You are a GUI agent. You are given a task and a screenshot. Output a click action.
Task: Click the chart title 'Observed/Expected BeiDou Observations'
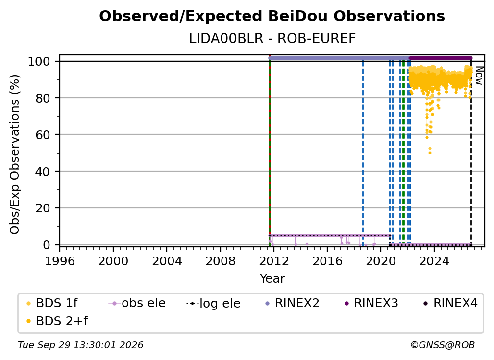(272, 16)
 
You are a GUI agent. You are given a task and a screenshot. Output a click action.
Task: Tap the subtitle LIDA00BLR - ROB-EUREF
(272, 39)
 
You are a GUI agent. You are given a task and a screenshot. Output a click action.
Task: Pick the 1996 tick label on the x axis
(60, 261)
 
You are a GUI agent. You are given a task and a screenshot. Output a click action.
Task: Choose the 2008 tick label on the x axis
(220, 261)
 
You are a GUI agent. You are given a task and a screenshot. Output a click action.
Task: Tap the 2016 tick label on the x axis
(327, 261)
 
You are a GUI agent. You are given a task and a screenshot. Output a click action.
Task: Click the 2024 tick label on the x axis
(434, 261)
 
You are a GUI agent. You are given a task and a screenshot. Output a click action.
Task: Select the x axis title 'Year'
(272, 279)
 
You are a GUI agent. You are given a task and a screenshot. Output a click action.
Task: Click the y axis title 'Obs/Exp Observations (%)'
(15, 154)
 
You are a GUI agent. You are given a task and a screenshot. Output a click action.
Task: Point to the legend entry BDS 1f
(52, 303)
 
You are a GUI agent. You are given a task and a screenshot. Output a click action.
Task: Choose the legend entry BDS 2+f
(57, 321)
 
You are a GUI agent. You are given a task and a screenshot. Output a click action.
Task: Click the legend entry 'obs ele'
(137, 303)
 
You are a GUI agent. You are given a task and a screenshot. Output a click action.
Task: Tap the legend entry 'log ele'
(213, 303)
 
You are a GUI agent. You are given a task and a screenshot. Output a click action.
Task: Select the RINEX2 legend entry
(293, 303)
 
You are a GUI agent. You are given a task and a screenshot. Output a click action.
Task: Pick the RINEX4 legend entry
(451, 303)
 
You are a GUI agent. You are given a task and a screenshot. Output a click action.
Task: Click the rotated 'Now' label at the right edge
(479, 76)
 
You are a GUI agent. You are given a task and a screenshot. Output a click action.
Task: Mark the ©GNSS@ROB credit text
(443, 345)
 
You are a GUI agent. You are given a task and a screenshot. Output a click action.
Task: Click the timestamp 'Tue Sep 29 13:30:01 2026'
(80, 345)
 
